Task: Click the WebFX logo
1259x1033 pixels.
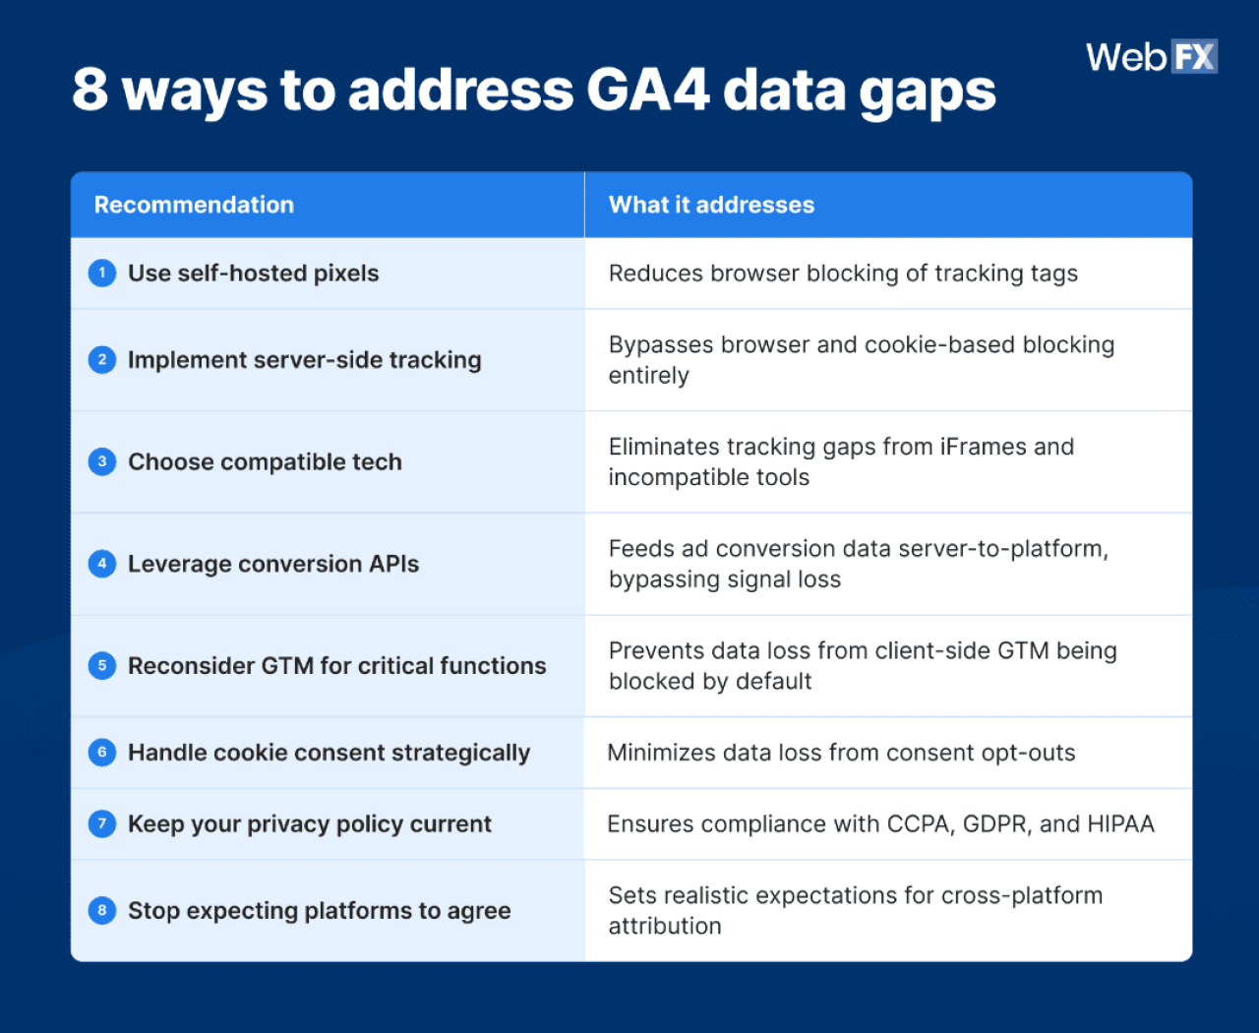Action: coord(1151,57)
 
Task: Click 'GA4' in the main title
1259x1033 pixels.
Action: coord(647,90)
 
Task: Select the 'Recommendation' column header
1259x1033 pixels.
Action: coord(194,205)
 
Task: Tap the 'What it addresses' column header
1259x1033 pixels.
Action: coord(711,205)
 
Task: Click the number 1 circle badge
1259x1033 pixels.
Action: coord(102,273)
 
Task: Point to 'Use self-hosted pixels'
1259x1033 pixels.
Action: coord(253,273)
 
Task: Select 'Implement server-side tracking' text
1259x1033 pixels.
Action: coord(304,360)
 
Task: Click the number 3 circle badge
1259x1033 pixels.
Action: coord(102,461)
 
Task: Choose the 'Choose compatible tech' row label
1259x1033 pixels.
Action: coord(265,462)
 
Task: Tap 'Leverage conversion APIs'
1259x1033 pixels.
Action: coord(273,564)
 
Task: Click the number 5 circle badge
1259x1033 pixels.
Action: coord(102,666)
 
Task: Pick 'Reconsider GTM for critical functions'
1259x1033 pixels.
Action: coord(336,666)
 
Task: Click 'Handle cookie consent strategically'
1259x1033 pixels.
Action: coord(329,753)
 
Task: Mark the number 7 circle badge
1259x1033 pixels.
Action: coord(102,823)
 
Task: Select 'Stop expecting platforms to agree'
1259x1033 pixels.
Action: coord(319,911)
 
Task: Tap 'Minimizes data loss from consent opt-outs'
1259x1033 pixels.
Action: coord(841,753)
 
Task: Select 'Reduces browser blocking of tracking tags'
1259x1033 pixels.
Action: coord(843,273)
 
